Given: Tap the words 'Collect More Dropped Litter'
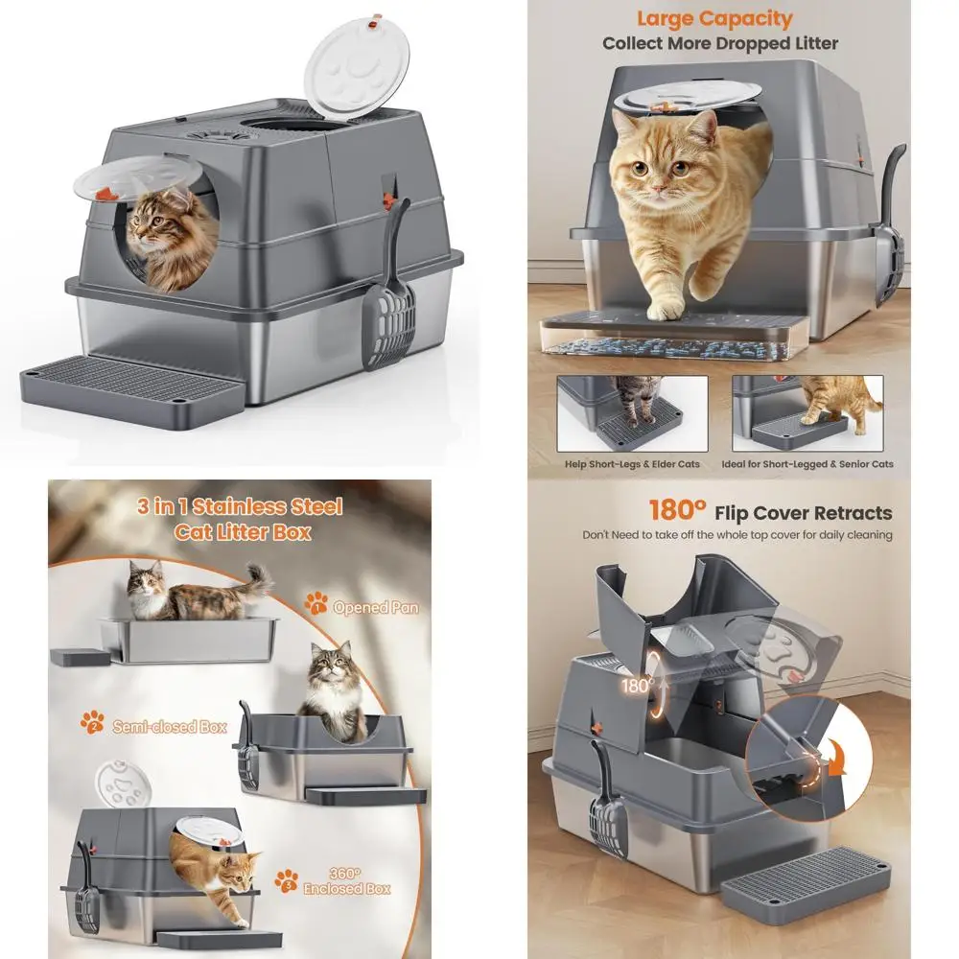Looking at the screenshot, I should click(x=719, y=43).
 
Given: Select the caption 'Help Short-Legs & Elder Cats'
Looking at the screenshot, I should click(x=632, y=464).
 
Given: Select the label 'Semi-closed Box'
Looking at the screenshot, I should click(x=169, y=727).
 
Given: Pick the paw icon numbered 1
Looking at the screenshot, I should click(x=316, y=603).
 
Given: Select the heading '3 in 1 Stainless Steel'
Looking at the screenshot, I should click(x=240, y=506).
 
